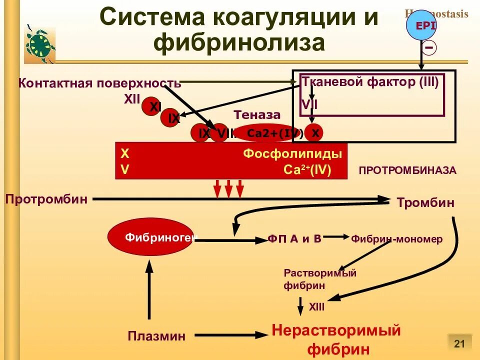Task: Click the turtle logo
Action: click(39, 44)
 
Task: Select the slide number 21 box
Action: click(459, 343)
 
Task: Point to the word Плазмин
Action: click(156, 336)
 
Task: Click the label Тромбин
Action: click(425, 203)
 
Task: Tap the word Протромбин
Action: click(46, 199)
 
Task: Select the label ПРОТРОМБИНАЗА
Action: click(407, 170)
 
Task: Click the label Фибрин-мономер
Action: click(396, 239)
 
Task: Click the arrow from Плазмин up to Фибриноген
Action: click(148, 290)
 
